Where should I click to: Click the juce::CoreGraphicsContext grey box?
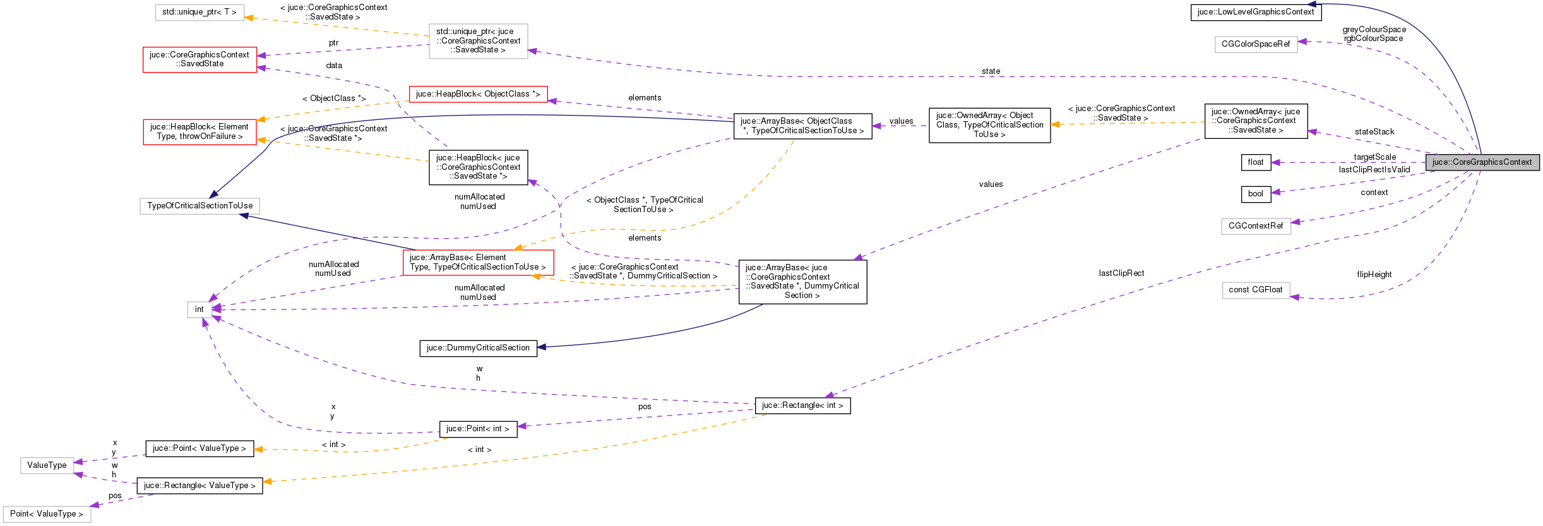(1482, 162)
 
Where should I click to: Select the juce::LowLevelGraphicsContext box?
(1255, 12)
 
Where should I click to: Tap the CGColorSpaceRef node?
(1255, 44)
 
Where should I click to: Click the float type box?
(1255, 162)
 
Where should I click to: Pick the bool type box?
(1255, 194)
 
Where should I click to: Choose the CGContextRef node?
(1255, 226)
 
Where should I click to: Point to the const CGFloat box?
(1255, 290)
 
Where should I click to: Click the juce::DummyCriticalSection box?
(478, 348)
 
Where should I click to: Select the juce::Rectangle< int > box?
(802, 405)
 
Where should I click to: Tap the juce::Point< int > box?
(477, 429)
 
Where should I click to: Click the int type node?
(199, 309)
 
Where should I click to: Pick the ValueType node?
(47, 465)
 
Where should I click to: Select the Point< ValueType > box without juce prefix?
(47, 514)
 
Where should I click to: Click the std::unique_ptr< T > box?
(200, 12)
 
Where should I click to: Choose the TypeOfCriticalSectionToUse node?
(200, 206)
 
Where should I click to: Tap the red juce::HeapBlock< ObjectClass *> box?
(478, 94)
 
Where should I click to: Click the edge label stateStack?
(1374, 132)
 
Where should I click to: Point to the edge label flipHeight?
(1374, 275)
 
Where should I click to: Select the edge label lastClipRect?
(1121, 273)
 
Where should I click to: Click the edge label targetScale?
(1374, 157)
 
